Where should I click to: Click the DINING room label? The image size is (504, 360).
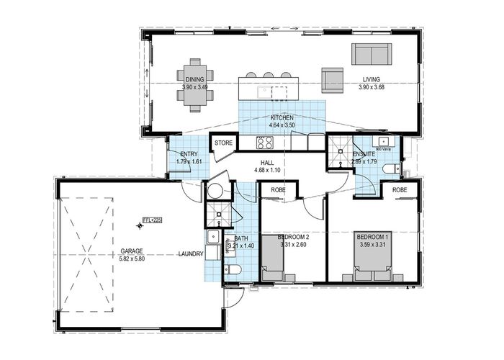(x=194, y=79)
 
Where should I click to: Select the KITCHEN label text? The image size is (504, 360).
(x=282, y=117)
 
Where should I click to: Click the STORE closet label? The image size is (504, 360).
(x=223, y=143)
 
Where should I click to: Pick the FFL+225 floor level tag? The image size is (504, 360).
(x=150, y=219)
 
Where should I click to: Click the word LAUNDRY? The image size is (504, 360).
(x=192, y=254)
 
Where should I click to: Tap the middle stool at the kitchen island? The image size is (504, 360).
(x=268, y=74)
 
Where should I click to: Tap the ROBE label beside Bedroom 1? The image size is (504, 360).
(x=400, y=189)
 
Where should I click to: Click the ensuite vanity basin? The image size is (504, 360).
(x=383, y=141)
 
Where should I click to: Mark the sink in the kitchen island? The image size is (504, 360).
(x=264, y=91)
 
